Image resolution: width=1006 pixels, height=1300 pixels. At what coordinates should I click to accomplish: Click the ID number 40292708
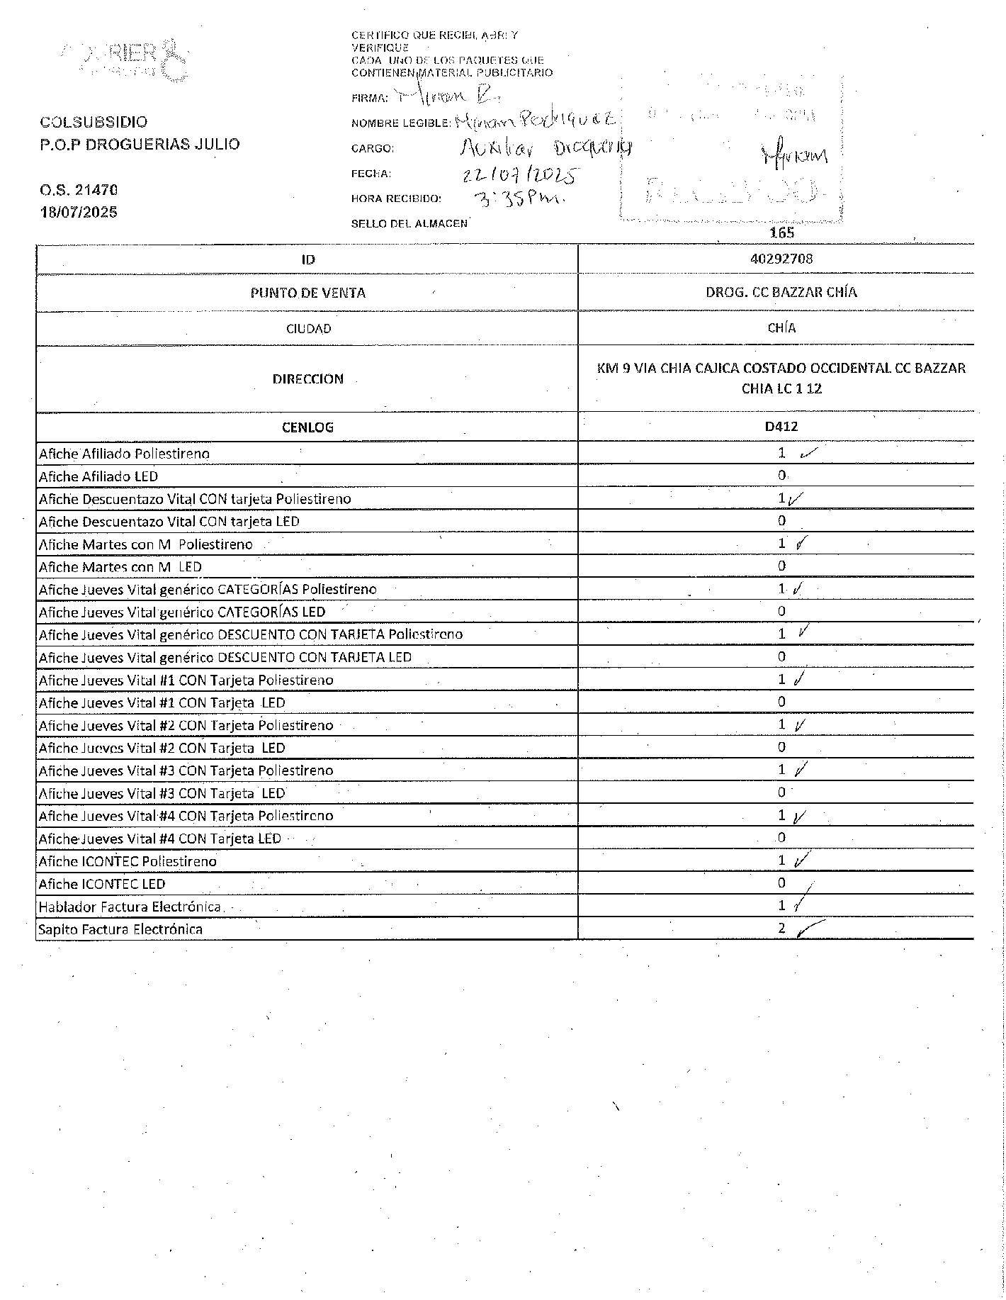coord(781,259)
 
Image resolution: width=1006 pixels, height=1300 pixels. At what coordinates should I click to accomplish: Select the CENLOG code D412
coord(781,427)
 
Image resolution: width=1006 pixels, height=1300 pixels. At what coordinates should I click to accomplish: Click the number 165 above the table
coord(781,232)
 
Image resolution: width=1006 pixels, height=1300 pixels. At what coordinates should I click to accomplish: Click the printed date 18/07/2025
coord(79,212)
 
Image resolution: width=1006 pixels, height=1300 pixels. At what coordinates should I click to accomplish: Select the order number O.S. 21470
coord(79,190)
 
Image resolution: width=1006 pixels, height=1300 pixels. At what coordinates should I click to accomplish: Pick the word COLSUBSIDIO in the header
coord(94,123)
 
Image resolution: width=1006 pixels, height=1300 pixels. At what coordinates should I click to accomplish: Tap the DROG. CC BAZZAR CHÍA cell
coord(781,292)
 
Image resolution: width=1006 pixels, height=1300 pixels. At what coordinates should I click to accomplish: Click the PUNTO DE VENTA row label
coord(307,293)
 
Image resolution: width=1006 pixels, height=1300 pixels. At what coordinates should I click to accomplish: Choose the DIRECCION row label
coord(307,379)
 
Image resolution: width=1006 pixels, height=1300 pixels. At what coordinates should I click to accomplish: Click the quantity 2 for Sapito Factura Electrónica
coord(781,928)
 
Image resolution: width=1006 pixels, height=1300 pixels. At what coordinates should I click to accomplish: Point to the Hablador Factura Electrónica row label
coord(130,907)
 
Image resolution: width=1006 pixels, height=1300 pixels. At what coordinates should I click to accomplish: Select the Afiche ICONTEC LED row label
coord(102,884)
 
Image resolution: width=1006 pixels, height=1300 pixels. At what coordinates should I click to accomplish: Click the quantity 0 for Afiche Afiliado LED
coord(781,476)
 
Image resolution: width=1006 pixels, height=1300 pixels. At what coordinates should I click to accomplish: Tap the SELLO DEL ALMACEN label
coord(409,224)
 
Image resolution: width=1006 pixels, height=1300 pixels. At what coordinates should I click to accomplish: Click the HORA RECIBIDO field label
coord(396,199)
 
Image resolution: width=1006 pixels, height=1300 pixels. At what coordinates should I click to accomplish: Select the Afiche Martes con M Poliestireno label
coord(145,544)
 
